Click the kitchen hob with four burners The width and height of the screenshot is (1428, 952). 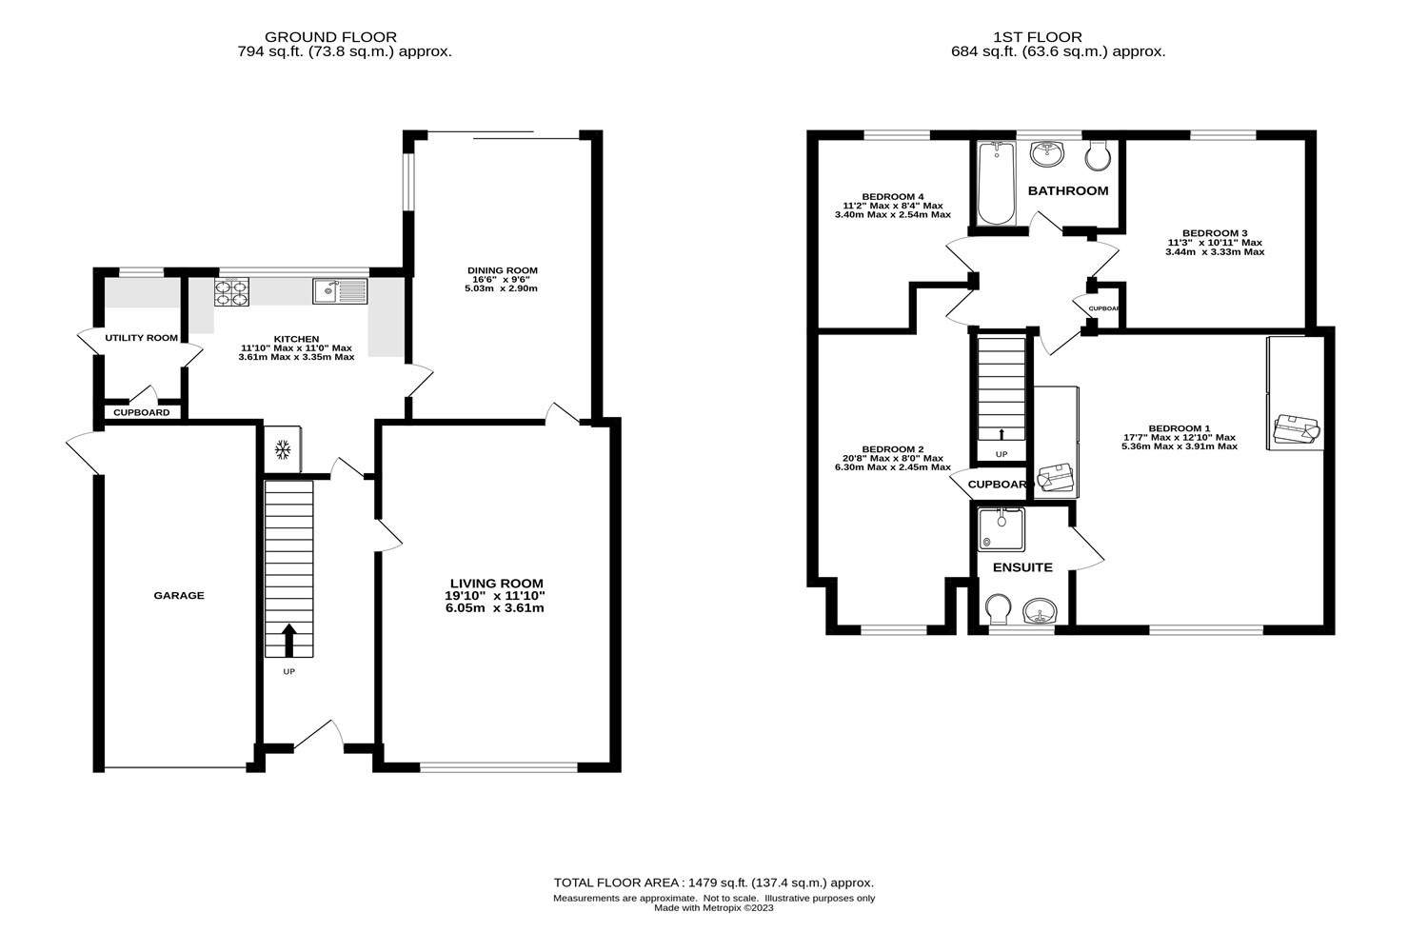pos(230,291)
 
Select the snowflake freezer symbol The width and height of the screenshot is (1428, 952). pos(283,448)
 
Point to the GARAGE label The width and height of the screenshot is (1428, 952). pos(179,596)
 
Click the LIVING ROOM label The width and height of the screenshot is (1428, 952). pos(496,584)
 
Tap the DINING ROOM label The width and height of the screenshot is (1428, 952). pos(502,269)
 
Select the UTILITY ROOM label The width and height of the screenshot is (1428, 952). pos(141,338)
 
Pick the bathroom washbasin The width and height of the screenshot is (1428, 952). pos(1048,152)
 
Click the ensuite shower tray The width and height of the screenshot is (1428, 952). pos(1002,529)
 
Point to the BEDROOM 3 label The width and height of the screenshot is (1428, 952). pos(1214,233)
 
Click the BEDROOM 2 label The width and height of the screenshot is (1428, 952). pos(892,449)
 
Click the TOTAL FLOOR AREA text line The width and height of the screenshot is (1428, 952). pos(713,883)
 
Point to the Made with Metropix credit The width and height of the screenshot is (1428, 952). pos(713,908)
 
